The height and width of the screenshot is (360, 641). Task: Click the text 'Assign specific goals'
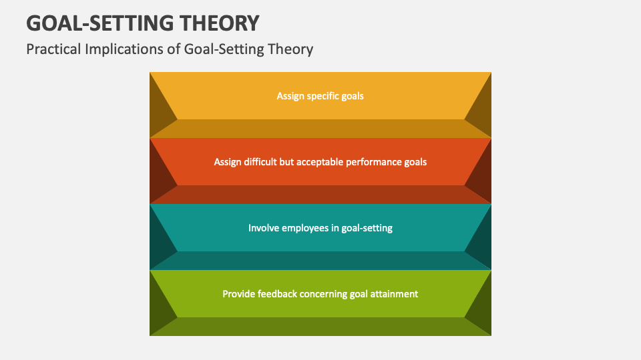point(320,96)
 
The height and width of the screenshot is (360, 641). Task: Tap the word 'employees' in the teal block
point(304,228)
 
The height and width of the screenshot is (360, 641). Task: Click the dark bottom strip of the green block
point(320,327)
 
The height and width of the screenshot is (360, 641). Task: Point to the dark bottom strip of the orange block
point(320,195)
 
